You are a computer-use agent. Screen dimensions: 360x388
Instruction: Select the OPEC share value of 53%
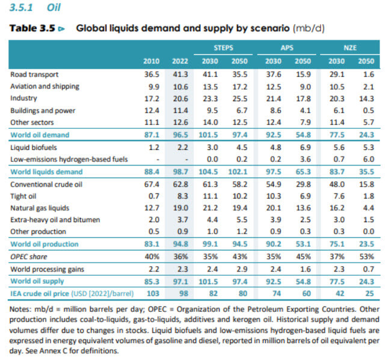tap(366, 256)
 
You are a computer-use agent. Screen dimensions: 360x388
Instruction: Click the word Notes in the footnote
tap(20, 310)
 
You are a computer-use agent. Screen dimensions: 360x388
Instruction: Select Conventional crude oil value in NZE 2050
tap(366, 183)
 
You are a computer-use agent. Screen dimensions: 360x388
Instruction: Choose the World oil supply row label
tap(37, 281)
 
